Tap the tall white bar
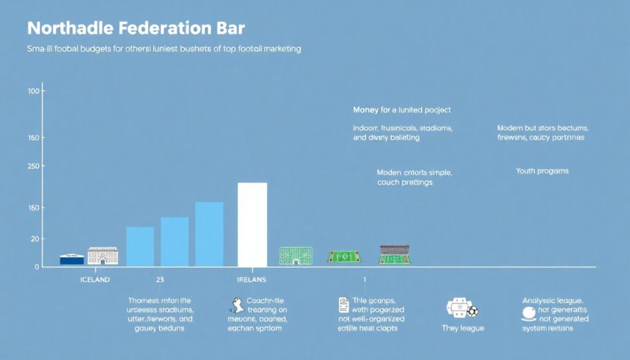252,225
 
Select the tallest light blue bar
209,234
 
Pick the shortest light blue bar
140,246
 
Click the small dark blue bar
72,260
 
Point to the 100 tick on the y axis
33,91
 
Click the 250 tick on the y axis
33,166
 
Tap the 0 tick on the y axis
37,267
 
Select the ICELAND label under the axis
95,280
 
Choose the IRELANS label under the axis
252,280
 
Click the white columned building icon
103,256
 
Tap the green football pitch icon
344,257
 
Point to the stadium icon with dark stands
394,254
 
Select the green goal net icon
296,255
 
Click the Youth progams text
542,171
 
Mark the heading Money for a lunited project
402,110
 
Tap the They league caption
463,328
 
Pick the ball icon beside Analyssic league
528,313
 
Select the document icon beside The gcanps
344,305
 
